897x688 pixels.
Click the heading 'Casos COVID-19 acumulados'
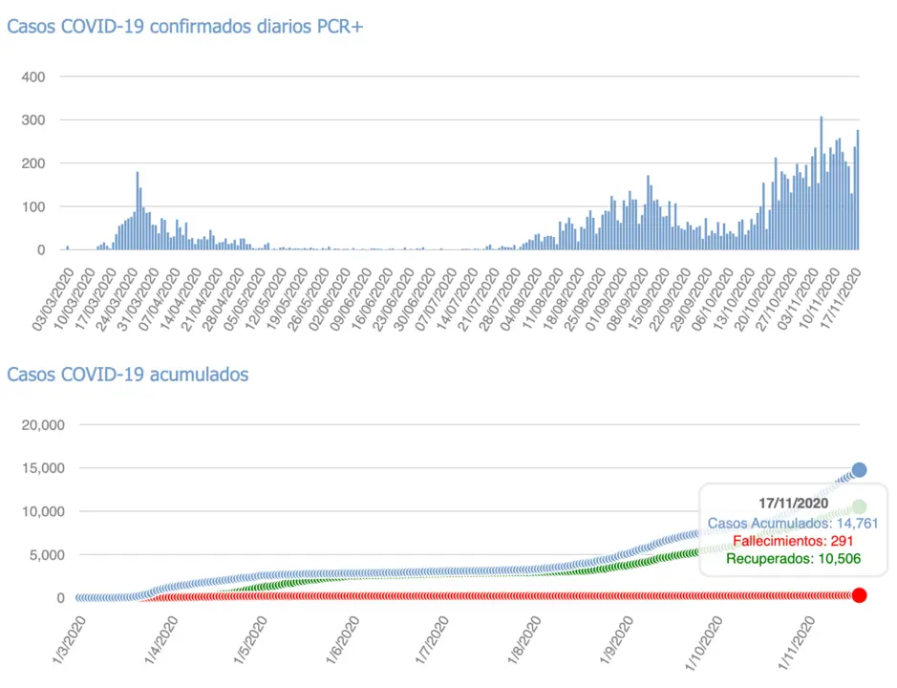point(128,374)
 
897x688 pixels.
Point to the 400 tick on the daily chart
point(46,76)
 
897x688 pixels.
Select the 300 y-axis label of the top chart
point(46,120)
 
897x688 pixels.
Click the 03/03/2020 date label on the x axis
point(52,299)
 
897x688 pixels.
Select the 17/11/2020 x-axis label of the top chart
point(846,299)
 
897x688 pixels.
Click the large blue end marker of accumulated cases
point(859,469)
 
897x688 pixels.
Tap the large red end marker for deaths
point(859,595)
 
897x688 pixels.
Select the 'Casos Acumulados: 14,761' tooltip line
point(792,523)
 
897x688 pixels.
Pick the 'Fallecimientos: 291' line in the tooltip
point(792,541)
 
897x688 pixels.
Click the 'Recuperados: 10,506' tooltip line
point(794,559)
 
